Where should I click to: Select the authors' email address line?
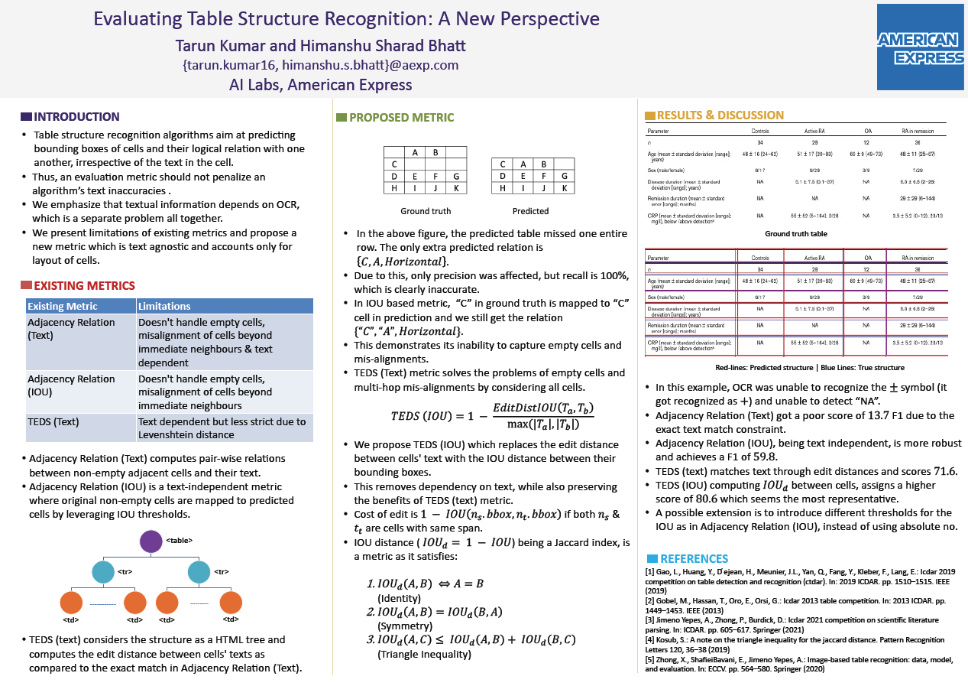coord(320,65)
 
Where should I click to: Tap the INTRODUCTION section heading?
coord(76,117)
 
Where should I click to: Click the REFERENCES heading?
coord(694,559)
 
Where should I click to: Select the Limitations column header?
coord(164,307)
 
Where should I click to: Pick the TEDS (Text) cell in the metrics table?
coord(53,421)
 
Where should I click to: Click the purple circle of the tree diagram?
coord(151,541)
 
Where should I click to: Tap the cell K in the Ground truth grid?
coord(455,188)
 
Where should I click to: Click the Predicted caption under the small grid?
coord(530,211)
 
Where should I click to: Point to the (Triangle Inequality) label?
coord(424,654)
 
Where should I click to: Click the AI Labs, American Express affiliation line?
coord(320,85)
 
